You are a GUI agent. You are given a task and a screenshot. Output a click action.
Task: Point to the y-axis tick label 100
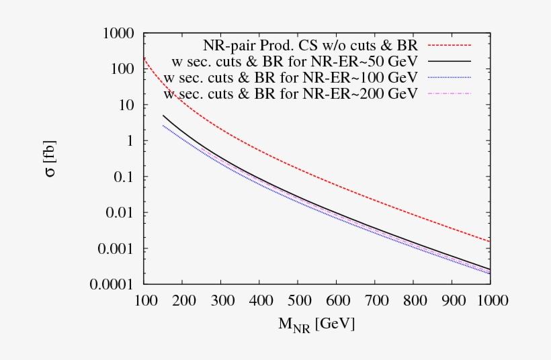point(122,69)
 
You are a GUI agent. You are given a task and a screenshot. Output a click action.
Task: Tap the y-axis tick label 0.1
point(124,177)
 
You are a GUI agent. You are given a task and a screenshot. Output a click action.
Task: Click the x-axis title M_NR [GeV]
point(316,324)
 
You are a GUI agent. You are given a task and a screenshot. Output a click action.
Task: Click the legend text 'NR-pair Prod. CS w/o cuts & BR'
point(310,46)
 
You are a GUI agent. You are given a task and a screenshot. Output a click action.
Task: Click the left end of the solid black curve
point(163,116)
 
